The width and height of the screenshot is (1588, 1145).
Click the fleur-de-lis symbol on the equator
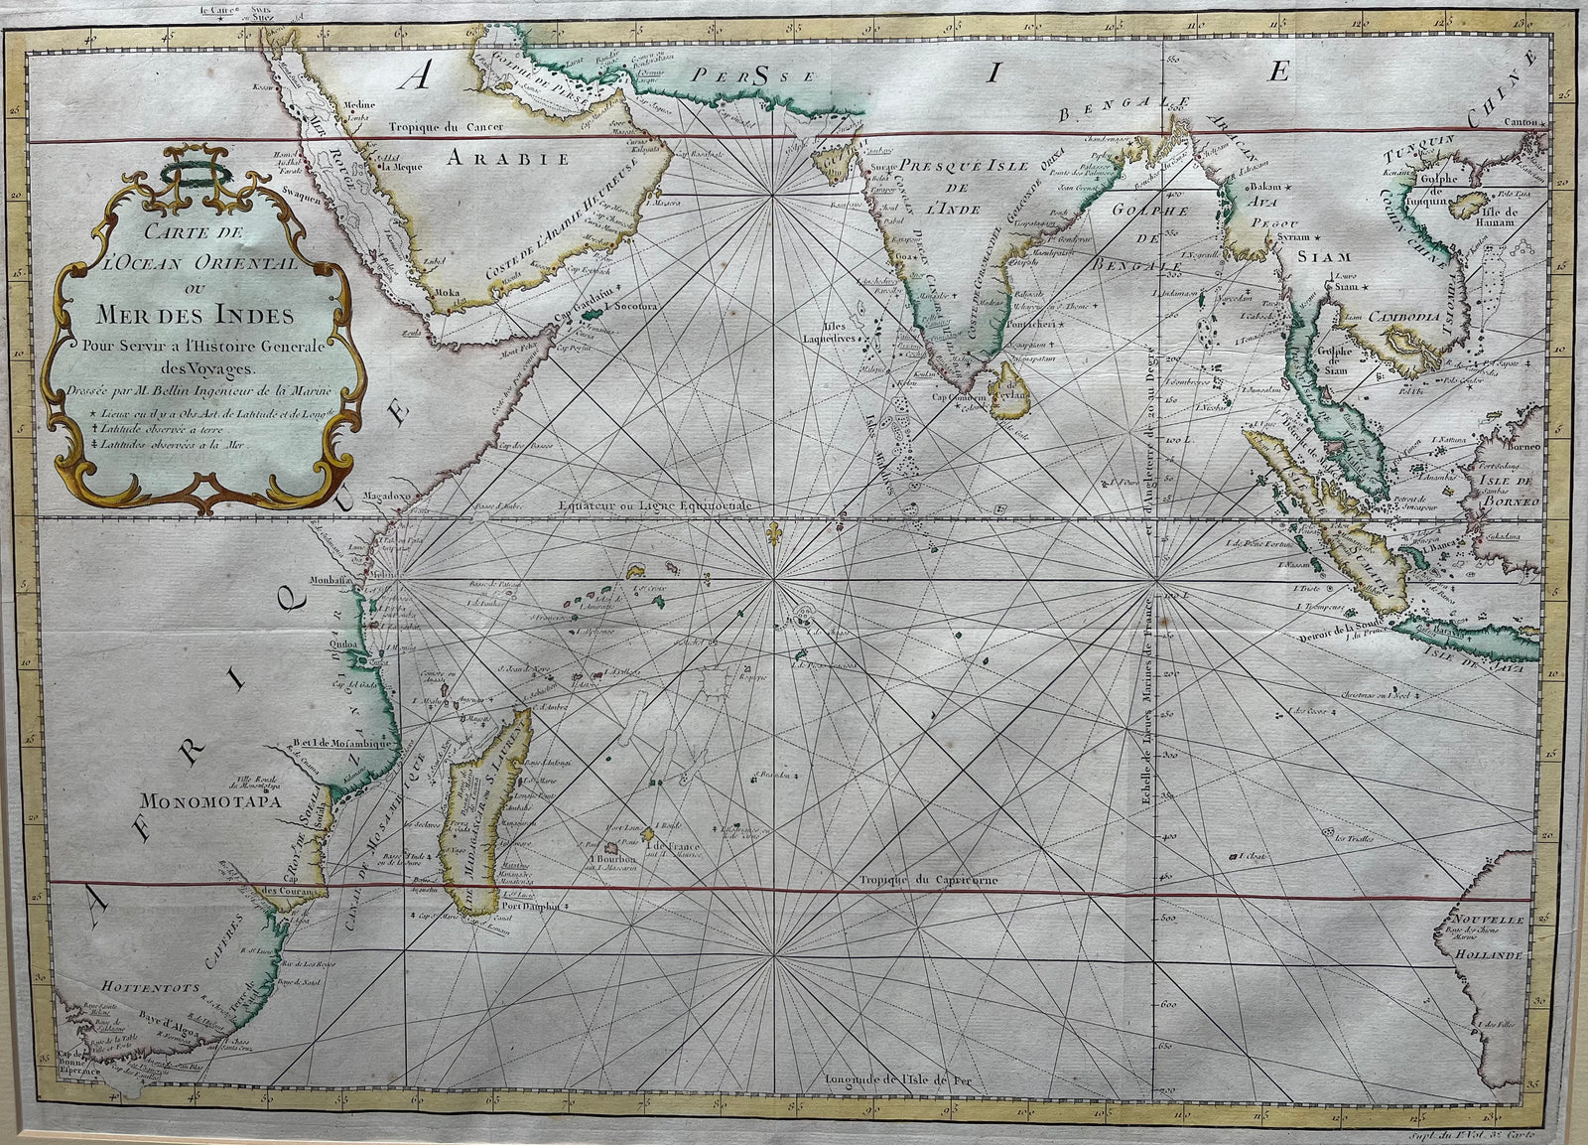coord(771,536)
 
